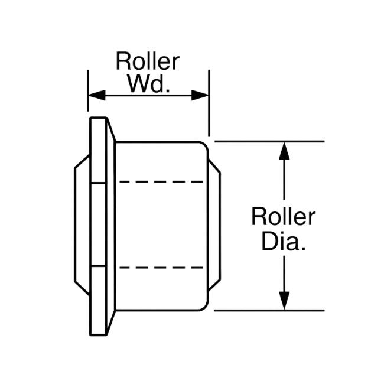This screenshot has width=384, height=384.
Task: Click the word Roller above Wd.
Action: [x=148, y=61]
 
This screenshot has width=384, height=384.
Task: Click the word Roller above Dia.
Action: [x=284, y=216]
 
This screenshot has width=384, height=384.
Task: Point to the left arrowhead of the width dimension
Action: [x=97, y=95]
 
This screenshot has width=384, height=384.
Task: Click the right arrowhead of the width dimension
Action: [x=200, y=95]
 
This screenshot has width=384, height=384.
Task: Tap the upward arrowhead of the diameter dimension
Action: [x=284, y=151]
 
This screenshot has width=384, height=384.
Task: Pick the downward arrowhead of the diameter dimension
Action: [x=284, y=301]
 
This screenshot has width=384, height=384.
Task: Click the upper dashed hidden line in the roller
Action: [x=161, y=182]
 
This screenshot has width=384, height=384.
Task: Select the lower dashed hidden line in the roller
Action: [x=161, y=268]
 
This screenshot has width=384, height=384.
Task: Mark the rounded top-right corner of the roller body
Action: [x=205, y=145]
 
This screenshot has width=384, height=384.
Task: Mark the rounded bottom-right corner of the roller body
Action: [x=205, y=307]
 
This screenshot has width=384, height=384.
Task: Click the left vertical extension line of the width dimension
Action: [x=88, y=90]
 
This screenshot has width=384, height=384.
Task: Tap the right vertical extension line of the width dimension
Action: [x=209, y=103]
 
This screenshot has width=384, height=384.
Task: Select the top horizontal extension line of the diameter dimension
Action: [x=269, y=141]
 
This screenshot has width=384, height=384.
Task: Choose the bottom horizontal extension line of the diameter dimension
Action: [x=269, y=311]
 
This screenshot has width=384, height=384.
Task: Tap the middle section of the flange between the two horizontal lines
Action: [x=99, y=224]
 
